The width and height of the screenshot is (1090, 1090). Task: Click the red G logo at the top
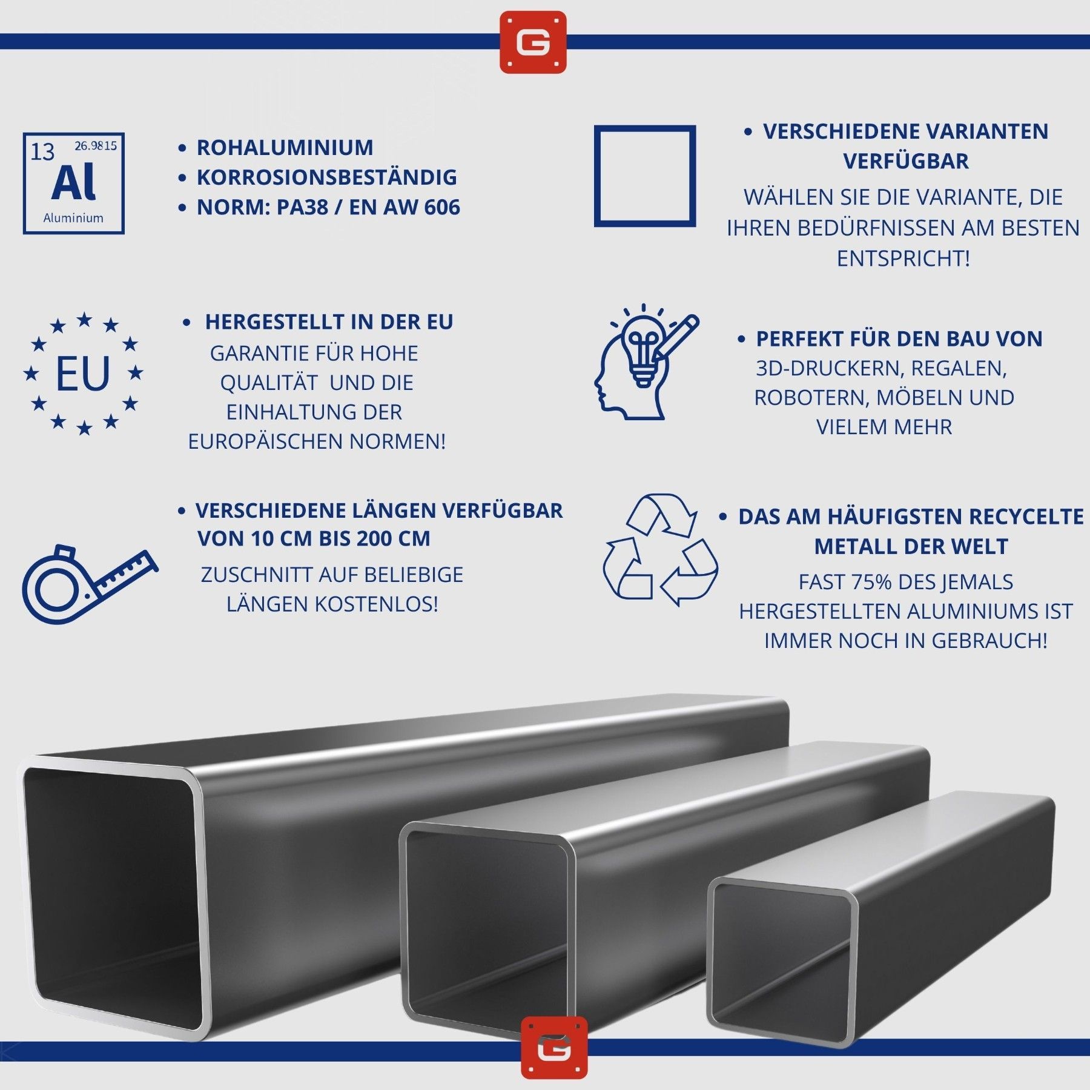click(x=533, y=42)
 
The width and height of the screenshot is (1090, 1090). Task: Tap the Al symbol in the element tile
click(x=73, y=182)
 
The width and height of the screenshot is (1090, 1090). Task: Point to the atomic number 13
click(x=42, y=152)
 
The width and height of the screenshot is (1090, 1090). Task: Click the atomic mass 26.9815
click(x=96, y=145)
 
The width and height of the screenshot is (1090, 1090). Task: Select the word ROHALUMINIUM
click(x=285, y=148)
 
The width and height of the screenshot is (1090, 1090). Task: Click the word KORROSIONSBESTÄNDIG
click(x=327, y=177)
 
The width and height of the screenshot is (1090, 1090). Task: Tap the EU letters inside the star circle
click(x=83, y=374)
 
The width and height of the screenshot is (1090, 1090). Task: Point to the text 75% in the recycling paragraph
click(x=872, y=582)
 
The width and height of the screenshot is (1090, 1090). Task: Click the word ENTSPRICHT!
click(x=903, y=259)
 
